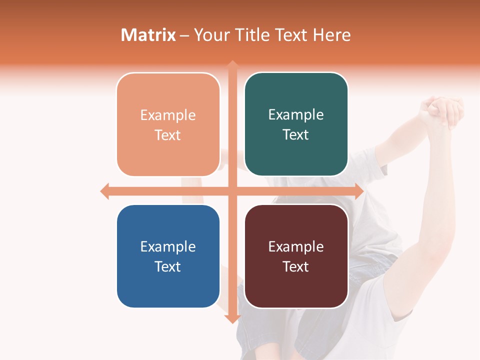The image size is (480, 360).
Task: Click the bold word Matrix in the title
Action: pos(148,35)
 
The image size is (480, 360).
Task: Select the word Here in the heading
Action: pos(332,35)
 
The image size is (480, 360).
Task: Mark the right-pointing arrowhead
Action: pos(358,191)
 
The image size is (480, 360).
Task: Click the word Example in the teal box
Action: pos(296,115)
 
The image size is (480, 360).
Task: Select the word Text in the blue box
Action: pos(168,266)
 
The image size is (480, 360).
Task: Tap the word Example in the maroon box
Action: pos(296,246)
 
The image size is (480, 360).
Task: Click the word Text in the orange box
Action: pos(168,135)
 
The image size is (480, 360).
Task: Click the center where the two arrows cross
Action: pos(232,191)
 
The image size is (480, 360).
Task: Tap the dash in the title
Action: pos(185,35)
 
